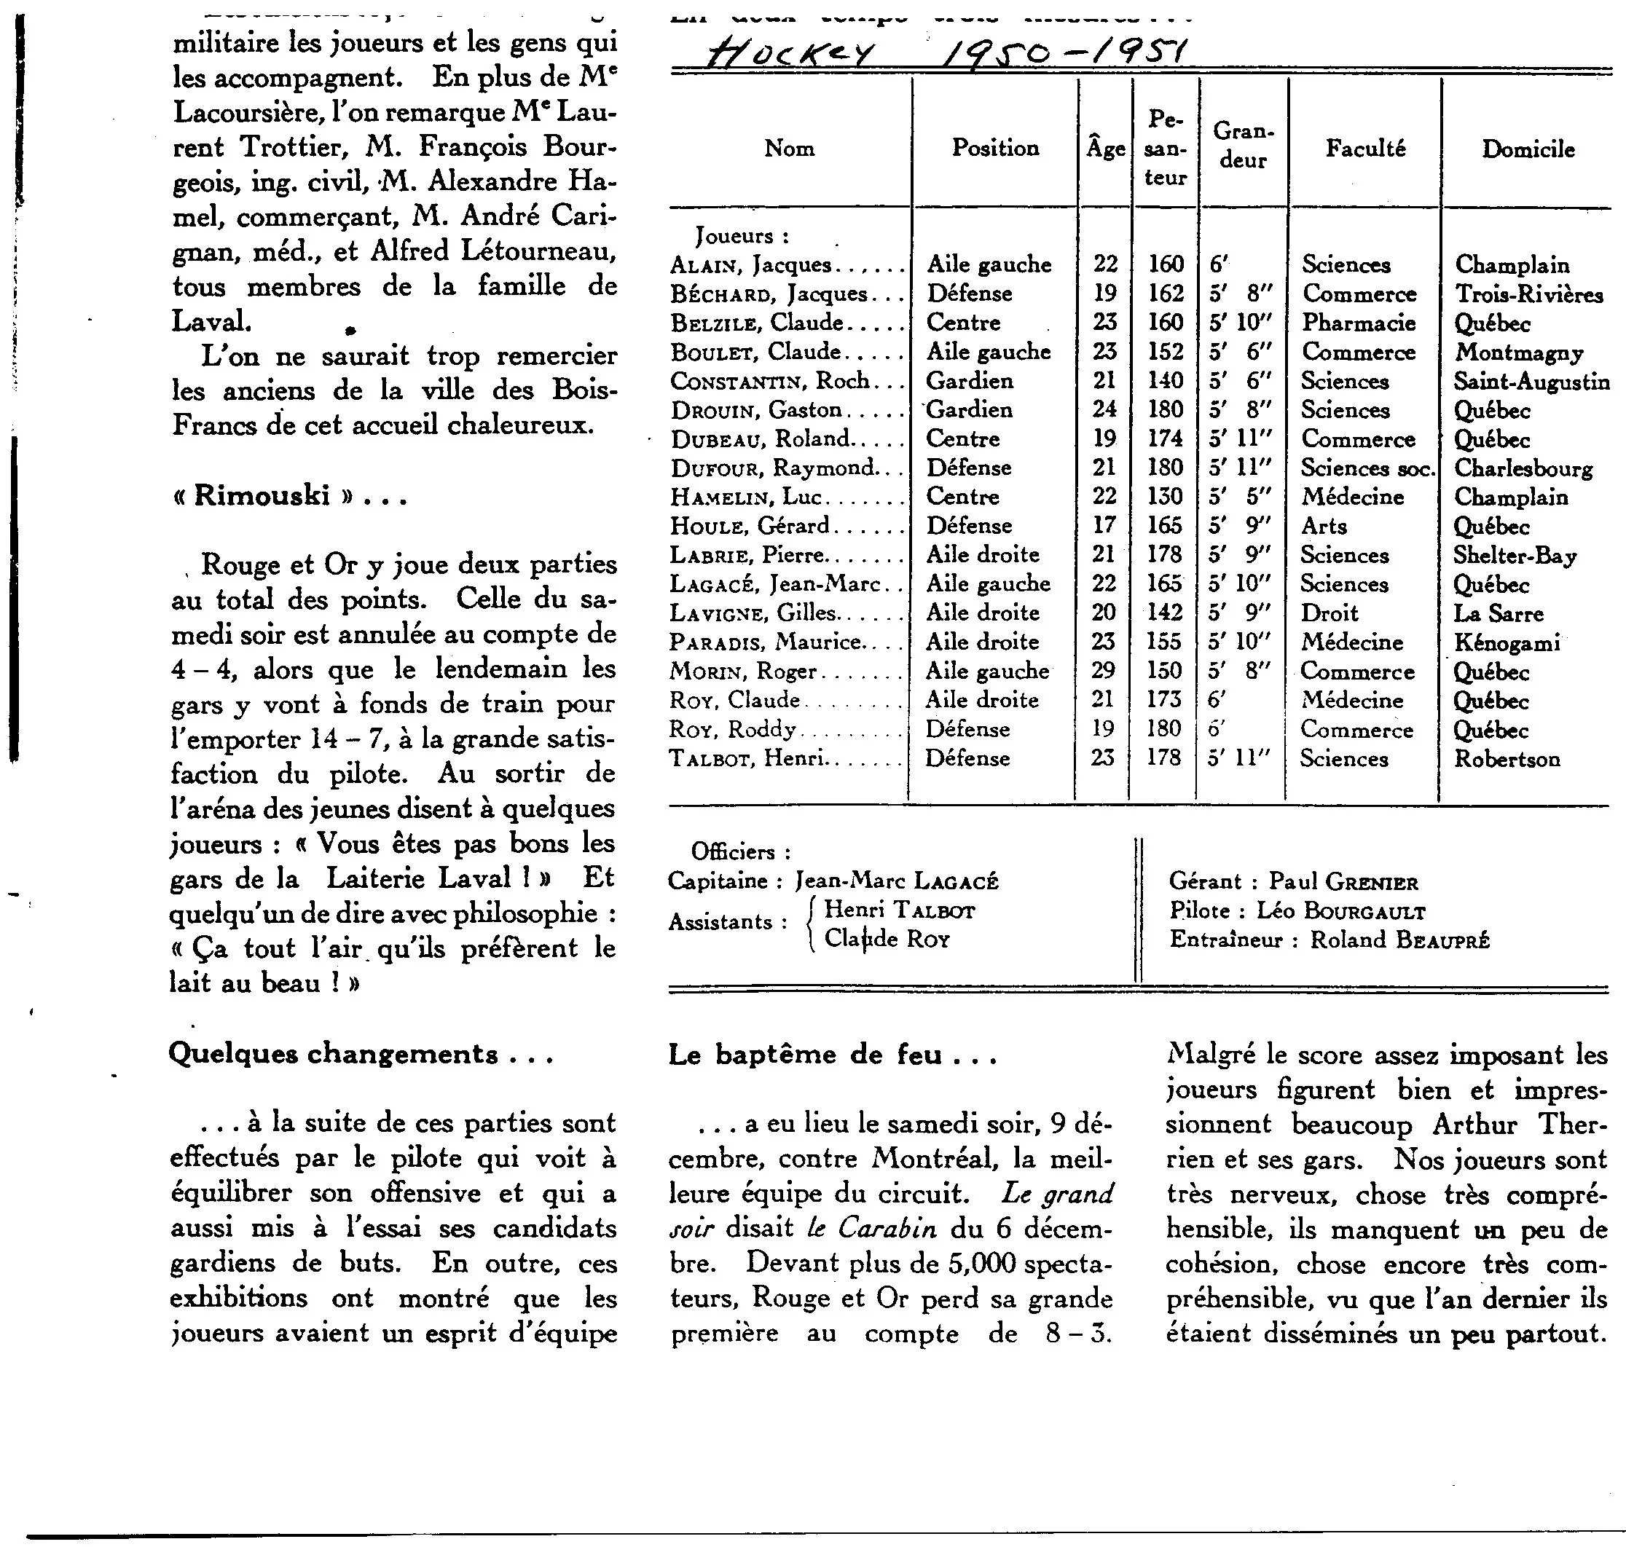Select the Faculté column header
1364,149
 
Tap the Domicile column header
1528,149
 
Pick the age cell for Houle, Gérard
1104,525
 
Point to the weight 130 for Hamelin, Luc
1165,497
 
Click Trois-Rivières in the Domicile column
1528,294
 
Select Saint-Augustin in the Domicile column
1531,381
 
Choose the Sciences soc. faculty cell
1368,468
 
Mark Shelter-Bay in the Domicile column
1515,555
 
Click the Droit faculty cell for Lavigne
1329,613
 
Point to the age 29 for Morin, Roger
1104,670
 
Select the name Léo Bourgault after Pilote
1340,911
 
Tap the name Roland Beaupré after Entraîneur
1399,940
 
